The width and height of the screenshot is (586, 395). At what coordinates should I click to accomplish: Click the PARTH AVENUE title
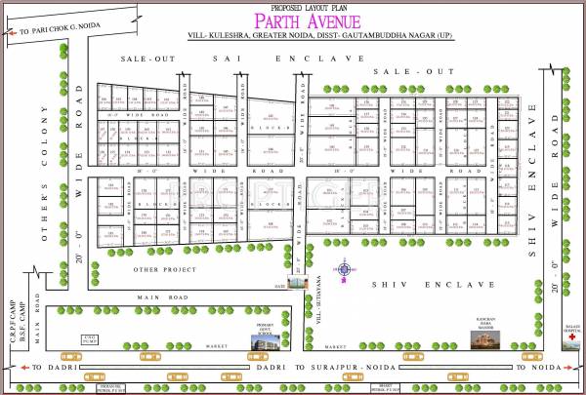point(292,20)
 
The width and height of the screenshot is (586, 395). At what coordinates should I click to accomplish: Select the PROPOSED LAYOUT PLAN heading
point(292,6)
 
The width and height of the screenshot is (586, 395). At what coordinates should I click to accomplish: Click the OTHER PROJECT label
point(159,268)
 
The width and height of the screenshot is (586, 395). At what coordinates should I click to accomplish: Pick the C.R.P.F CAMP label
point(8,318)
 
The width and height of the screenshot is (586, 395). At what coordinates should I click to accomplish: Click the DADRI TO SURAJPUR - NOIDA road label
point(293,367)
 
